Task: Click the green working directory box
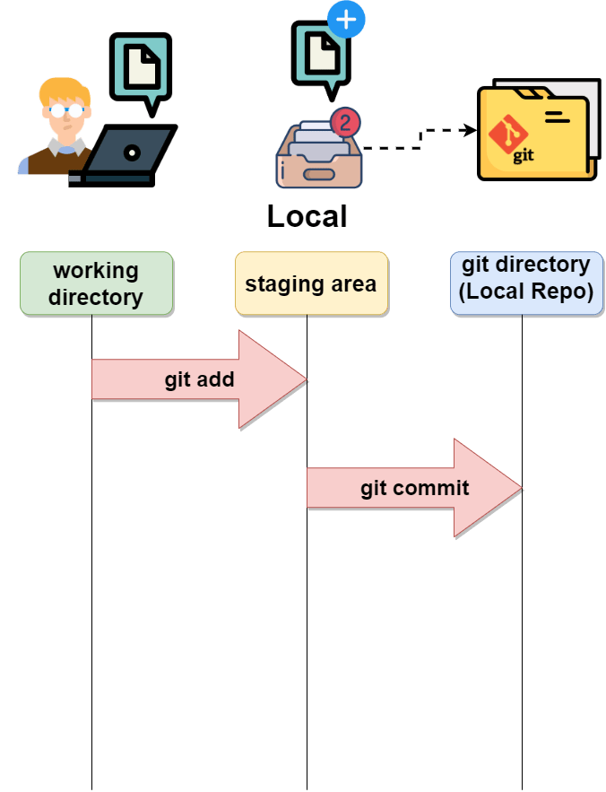coord(96,283)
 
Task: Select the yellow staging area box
coord(311,283)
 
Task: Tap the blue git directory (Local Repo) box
coord(526,283)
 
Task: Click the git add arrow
coord(199,379)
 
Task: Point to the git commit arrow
coord(414,488)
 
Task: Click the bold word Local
coord(307,216)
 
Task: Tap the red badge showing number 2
coord(345,121)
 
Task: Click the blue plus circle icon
coord(347,20)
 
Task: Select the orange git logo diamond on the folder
coord(507,135)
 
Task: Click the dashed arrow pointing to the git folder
coord(421,138)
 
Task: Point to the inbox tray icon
coord(318,157)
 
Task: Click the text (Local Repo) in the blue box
coord(526,293)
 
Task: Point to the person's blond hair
coord(63,90)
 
